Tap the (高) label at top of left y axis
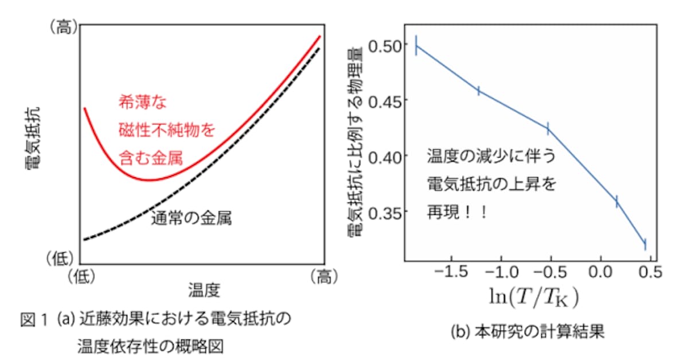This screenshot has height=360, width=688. pos(64,27)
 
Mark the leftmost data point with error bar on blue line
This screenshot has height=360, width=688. pos(417,45)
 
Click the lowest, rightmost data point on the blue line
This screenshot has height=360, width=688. pos(645,244)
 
